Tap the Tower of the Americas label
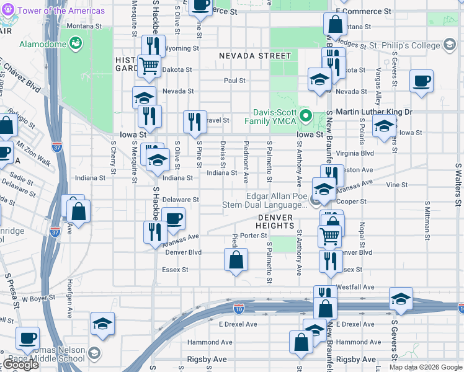(61, 11)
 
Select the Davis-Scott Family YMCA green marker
(305, 115)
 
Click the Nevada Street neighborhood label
(254, 56)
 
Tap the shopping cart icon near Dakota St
(149, 65)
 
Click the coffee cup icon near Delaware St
(173, 218)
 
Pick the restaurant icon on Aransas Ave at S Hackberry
(154, 232)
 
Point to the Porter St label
(253, 236)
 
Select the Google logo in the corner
(20, 365)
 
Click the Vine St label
(396, 185)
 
